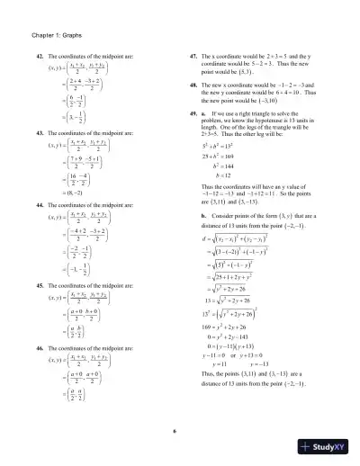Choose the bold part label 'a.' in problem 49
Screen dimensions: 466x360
(205, 114)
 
